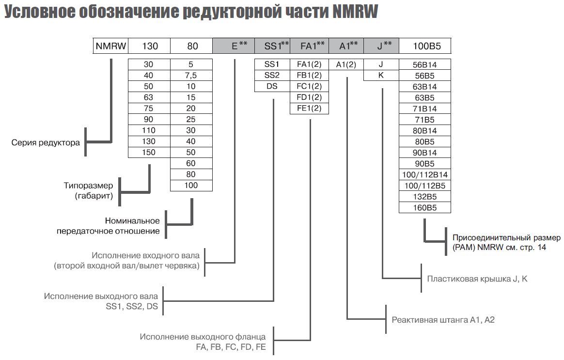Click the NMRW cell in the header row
coord(111,46)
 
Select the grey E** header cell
coord(233,46)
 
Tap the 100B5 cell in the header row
coord(424,46)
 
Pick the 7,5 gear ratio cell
coord(191,75)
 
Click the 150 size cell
coord(149,152)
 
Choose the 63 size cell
coord(149,97)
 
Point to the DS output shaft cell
coord(272,86)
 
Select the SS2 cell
coord(272,75)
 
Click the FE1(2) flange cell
coord(309,108)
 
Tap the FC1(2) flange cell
coord(309,86)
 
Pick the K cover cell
coord(381,75)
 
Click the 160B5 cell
coord(424,208)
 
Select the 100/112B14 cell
coord(424,174)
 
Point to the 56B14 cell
coord(424,64)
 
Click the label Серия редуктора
coord(46,143)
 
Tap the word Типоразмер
coord(88,186)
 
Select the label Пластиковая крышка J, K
coord(477,279)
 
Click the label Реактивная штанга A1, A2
coord(443,320)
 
